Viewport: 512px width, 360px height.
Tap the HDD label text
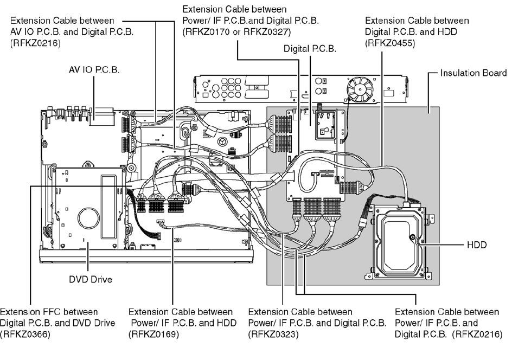477,245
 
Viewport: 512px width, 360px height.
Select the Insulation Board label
473,73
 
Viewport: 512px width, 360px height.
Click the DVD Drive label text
90,280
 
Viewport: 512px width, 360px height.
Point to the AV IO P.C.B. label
94,70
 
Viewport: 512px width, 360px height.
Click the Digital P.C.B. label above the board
310,49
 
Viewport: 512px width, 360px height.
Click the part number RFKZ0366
25,335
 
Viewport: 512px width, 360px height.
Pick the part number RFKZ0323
273,335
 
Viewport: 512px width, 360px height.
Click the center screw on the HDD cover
413,237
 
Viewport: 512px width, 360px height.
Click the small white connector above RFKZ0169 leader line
161,222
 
